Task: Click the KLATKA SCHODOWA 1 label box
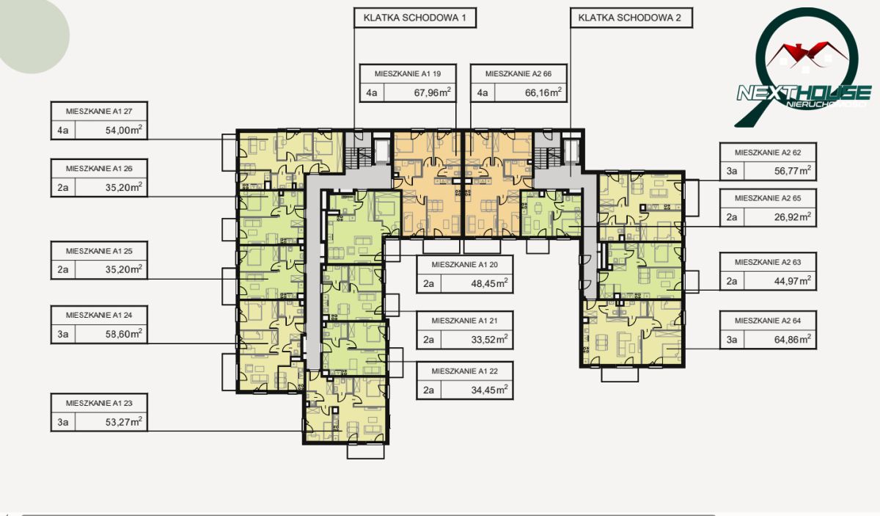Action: coord(415,18)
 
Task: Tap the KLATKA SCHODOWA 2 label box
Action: coord(631,18)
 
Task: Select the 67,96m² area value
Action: coord(432,92)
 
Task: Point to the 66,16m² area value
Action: coord(543,92)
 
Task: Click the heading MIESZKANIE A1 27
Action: coord(99,112)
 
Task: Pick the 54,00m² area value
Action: coord(123,130)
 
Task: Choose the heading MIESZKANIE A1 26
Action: coord(99,169)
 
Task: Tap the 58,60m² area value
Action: coord(123,334)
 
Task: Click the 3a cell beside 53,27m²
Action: coord(63,422)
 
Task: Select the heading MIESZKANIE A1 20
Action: coord(465,265)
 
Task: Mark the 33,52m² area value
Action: coord(489,339)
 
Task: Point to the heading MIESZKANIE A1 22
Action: coord(465,371)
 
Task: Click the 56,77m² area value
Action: coord(793,171)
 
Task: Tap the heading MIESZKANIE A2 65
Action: coord(768,199)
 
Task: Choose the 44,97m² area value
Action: coord(793,281)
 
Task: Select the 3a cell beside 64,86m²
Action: coord(732,339)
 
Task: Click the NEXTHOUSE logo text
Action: coord(804,95)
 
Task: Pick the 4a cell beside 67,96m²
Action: coord(372,92)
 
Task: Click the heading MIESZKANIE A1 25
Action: coord(99,251)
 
